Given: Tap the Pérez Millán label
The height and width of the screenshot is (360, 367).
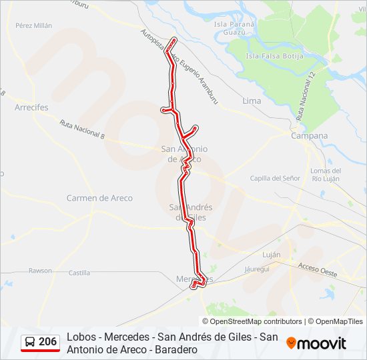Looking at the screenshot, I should (33, 25).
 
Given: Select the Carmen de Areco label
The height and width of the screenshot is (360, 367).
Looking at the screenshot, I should (99, 198).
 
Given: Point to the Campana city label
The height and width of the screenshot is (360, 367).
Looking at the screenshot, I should (310, 135).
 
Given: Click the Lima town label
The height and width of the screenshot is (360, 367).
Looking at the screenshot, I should (252, 101).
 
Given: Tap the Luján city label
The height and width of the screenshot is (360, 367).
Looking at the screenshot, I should (271, 255).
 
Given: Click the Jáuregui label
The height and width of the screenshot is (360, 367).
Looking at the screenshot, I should (257, 269).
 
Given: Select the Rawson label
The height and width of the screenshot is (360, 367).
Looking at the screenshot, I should (39, 270).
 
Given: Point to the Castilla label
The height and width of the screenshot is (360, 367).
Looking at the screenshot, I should (79, 273).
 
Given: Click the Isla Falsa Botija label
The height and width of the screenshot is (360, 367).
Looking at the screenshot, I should (274, 56).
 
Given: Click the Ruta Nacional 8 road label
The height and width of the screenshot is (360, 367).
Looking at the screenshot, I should (82, 129).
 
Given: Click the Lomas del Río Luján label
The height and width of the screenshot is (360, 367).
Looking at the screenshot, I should (326, 174).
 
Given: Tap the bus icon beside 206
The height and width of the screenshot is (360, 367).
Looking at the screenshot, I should (31, 342).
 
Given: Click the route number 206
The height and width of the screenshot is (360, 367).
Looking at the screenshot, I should (48, 342).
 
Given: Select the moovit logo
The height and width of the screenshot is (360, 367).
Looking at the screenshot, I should (316, 343).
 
